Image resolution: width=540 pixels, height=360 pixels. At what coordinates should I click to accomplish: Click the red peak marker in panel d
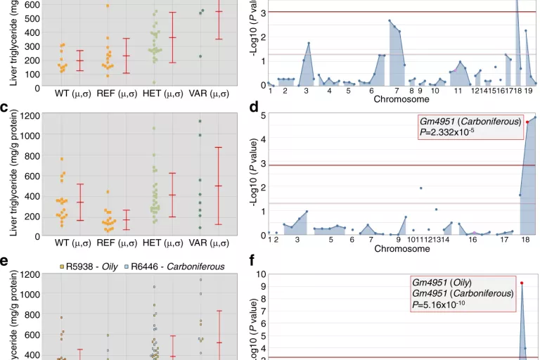click(527, 122)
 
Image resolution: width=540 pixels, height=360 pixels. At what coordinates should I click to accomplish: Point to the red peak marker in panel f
click(522, 283)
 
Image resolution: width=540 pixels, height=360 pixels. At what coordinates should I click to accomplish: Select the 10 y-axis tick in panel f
click(262, 274)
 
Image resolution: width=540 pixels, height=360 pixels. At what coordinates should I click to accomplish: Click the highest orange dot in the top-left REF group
click(108, 6)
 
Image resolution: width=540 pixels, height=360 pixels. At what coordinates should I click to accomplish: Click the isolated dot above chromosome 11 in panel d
click(420, 188)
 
